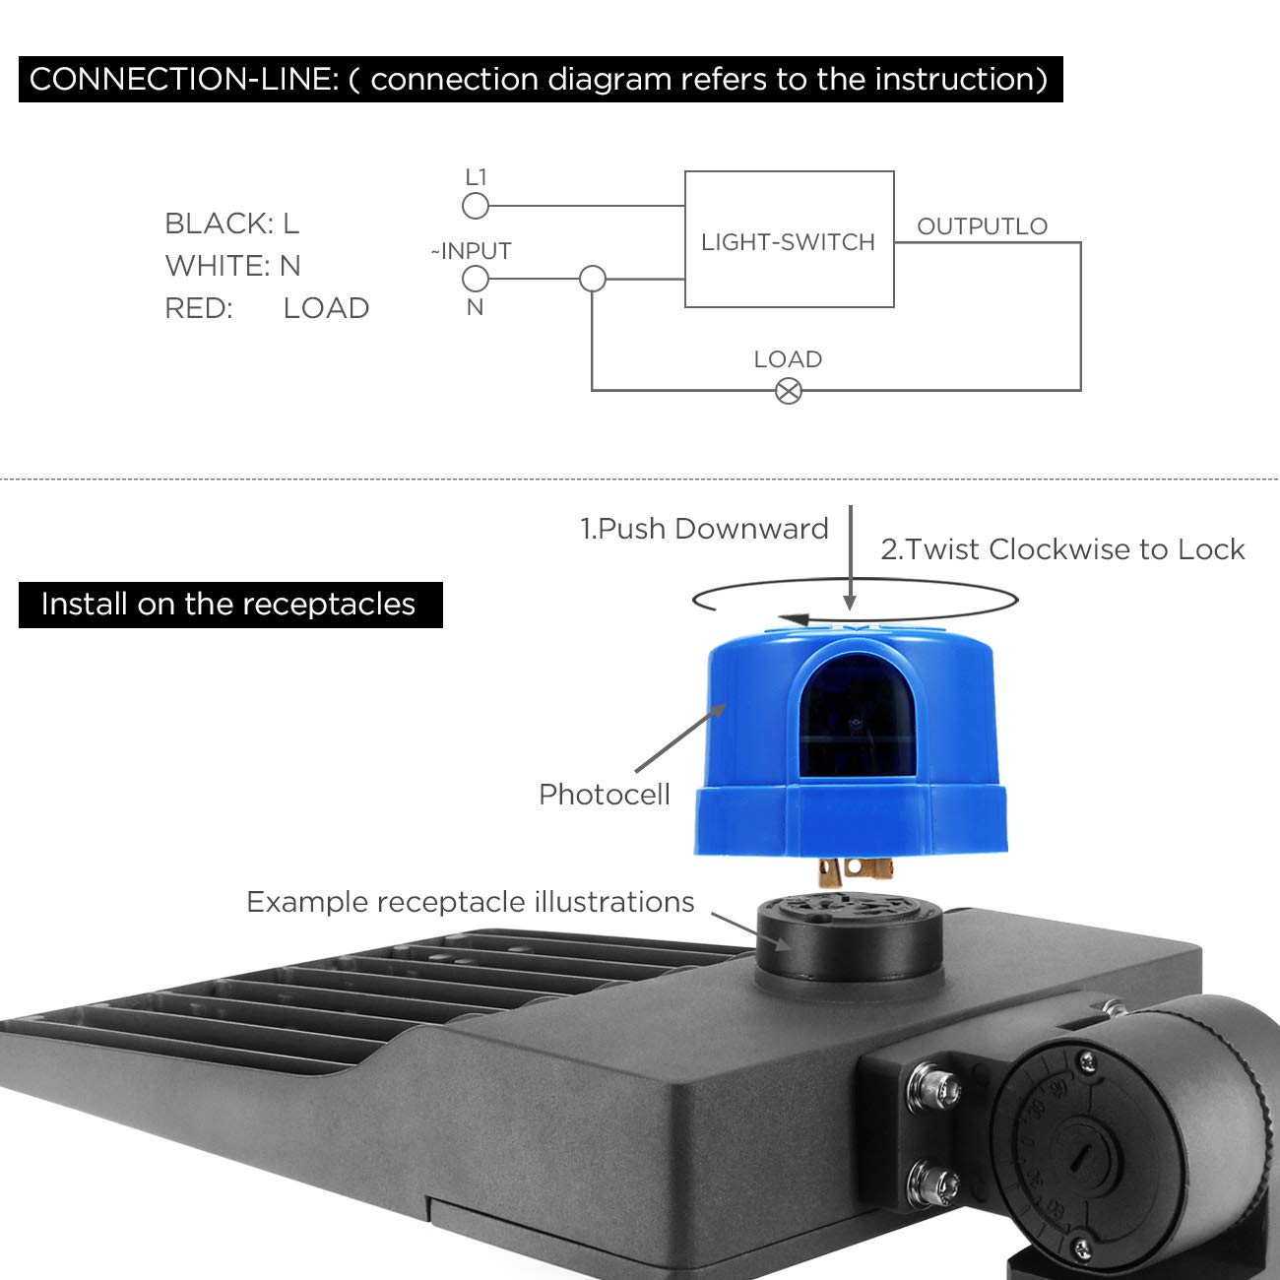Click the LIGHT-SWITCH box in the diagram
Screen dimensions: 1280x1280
[x=789, y=240]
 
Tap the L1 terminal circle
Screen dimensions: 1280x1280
[x=476, y=206]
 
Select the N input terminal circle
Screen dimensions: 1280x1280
[x=476, y=280]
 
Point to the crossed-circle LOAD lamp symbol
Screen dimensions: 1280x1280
[x=789, y=391]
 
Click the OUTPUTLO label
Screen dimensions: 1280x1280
[x=982, y=226]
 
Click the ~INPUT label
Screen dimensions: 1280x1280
[x=472, y=251]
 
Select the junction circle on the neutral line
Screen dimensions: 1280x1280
[x=593, y=280]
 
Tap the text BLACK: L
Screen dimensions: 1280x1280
[x=231, y=224]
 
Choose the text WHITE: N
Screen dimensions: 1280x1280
[x=232, y=266]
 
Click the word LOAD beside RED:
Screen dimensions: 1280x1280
[x=326, y=308]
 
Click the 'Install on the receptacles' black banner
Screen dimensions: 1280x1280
[x=229, y=604]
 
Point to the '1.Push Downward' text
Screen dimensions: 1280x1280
[x=704, y=529]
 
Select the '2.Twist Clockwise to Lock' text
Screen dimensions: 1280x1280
[x=1062, y=549]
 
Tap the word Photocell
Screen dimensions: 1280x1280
[x=604, y=795]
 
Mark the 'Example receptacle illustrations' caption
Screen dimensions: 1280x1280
[x=470, y=902]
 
